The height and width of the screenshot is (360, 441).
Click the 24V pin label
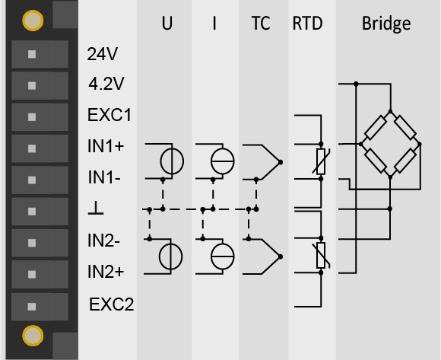coord(103,54)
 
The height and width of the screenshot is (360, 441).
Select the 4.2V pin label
coord(106,84)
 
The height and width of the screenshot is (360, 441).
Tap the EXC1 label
coord(109,115)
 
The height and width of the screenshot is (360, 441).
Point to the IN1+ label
coord(106,146)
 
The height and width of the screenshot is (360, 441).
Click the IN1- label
coord(104,177)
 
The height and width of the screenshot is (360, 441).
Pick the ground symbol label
coord(96,208)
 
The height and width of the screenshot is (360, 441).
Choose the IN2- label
coord(103,241)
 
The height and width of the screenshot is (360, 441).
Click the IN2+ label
coord(106,272)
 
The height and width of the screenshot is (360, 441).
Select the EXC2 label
coord(111,304)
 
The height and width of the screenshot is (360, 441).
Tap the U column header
coord(167,23)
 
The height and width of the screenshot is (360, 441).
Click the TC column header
coord(261,23)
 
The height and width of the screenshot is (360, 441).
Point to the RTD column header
coord(307,23)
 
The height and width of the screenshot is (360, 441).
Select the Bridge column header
coord(386,24)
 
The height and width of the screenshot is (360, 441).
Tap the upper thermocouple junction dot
coord(281,162)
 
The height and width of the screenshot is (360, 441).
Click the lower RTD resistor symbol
coord(321,255)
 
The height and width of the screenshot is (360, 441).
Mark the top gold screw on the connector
coord(33,21)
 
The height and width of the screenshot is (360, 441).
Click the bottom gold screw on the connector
coord(33,336)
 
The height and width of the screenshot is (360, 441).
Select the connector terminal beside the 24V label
coord(40,54)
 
